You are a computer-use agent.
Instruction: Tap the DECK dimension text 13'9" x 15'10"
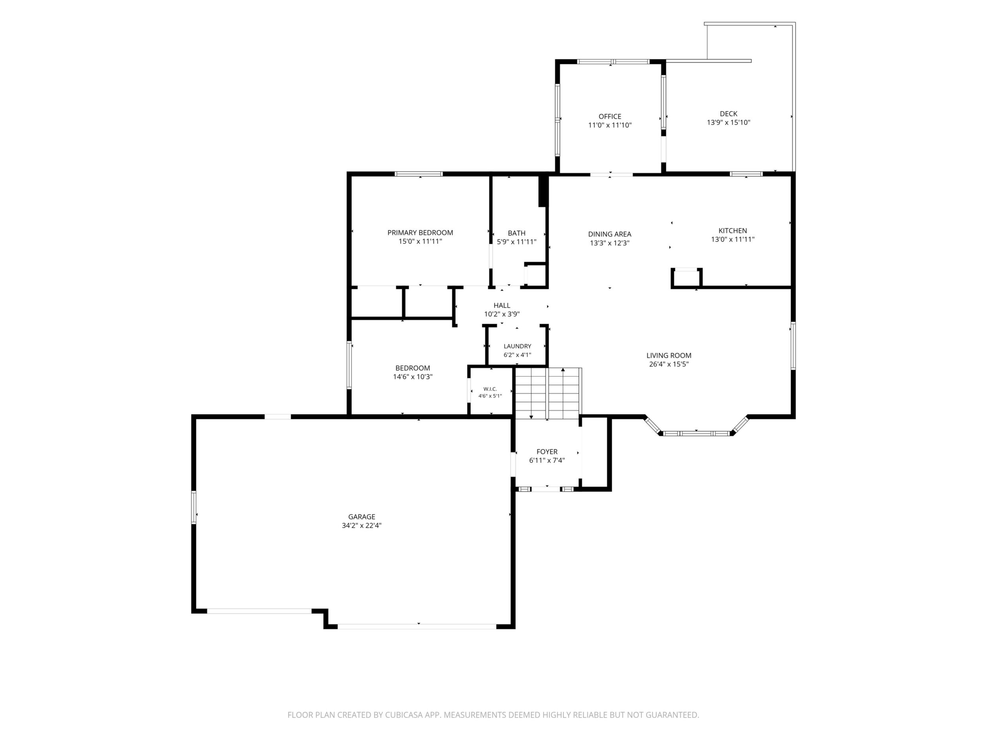pyautogui.click(x=728, y=122)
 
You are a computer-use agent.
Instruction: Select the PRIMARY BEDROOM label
pyautogui.click(x=420, y=232)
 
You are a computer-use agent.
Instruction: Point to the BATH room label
pyautogui.click(x=516, y=233)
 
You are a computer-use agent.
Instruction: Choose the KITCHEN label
pyautogui.click(x=732, y=230)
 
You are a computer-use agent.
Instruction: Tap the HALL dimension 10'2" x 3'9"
pyautogui.click(x=501, y=314)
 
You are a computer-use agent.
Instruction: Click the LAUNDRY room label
pyautogui.click(x=517, y=346)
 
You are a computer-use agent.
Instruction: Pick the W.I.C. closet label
pyautogui.click(x=490, y=389)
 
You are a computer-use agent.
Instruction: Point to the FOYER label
pyautogui.click(x=546, y=452)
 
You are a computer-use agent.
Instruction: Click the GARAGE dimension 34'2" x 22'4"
pyautogui.click(x=361, y=525)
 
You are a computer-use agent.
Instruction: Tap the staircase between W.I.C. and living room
pyautogui.click(x=548, y=393)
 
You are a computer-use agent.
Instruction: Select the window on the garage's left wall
pyautogui.click(x=194, y=507)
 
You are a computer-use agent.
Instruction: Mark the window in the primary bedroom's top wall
pyautogui.click(x=418, y=174)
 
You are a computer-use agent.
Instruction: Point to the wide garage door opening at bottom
pyautogui.click(x=417, y=626)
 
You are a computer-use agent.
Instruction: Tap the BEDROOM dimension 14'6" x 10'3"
pyautogui.click(x=412, y=377)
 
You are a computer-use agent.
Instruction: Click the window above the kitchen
pyautogui.click(x=746, y=174)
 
